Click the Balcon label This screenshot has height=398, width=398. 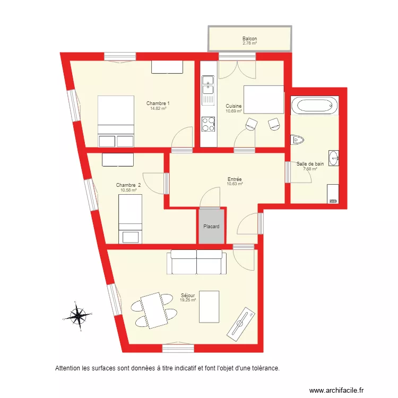(x=249, y=39)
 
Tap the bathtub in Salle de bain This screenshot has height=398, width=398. (x=314, y=105)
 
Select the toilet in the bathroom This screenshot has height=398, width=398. (x=297, y=140)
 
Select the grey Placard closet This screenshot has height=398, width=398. (x=211, y=227)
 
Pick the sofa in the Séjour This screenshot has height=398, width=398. (x=196, y=262)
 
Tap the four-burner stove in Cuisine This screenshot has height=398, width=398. (x=208, y=124)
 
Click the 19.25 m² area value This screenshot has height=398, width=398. (x=188, y=300)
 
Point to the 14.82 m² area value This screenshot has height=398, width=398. (x=158, y=108)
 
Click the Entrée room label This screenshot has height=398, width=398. (x=234, y=179)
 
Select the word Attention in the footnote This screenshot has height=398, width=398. (x=68, y=368)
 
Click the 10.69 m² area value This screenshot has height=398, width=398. (x=233, y=111)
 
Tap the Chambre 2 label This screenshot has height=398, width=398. (x=127, y=185)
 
